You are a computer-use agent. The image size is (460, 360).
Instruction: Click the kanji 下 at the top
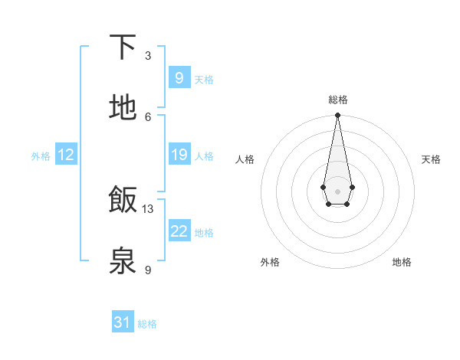click(123, 47)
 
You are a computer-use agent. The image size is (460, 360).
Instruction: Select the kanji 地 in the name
click(123, 107)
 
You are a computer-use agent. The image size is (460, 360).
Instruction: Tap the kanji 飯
click(123, 200)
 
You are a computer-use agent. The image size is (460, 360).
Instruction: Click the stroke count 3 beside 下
click(148, 56)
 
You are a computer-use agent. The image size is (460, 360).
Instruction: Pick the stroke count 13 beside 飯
click(148, 209)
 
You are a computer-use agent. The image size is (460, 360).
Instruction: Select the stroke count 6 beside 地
click(148, 116)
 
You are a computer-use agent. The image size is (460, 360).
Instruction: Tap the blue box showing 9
click(179, 77)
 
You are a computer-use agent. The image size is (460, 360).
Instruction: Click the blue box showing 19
click(179, 155)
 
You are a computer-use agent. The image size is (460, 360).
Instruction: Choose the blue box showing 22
click(179, 231)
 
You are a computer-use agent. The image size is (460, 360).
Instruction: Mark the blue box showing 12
click(66, 155)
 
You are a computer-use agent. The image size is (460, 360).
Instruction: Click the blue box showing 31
click(123, 322)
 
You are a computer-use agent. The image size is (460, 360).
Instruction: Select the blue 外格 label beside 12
click(41, 156)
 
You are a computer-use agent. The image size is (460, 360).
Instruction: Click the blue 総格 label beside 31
click(147, 324)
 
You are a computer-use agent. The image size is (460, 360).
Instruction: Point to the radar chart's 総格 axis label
click(337, 100)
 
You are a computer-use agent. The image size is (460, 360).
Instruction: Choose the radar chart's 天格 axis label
click(431, 159)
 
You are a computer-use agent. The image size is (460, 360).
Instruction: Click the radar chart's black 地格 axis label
click(402, 262)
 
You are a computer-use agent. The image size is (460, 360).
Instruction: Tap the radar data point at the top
click(337, 116)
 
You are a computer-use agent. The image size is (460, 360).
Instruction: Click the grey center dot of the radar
click(337, 190)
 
